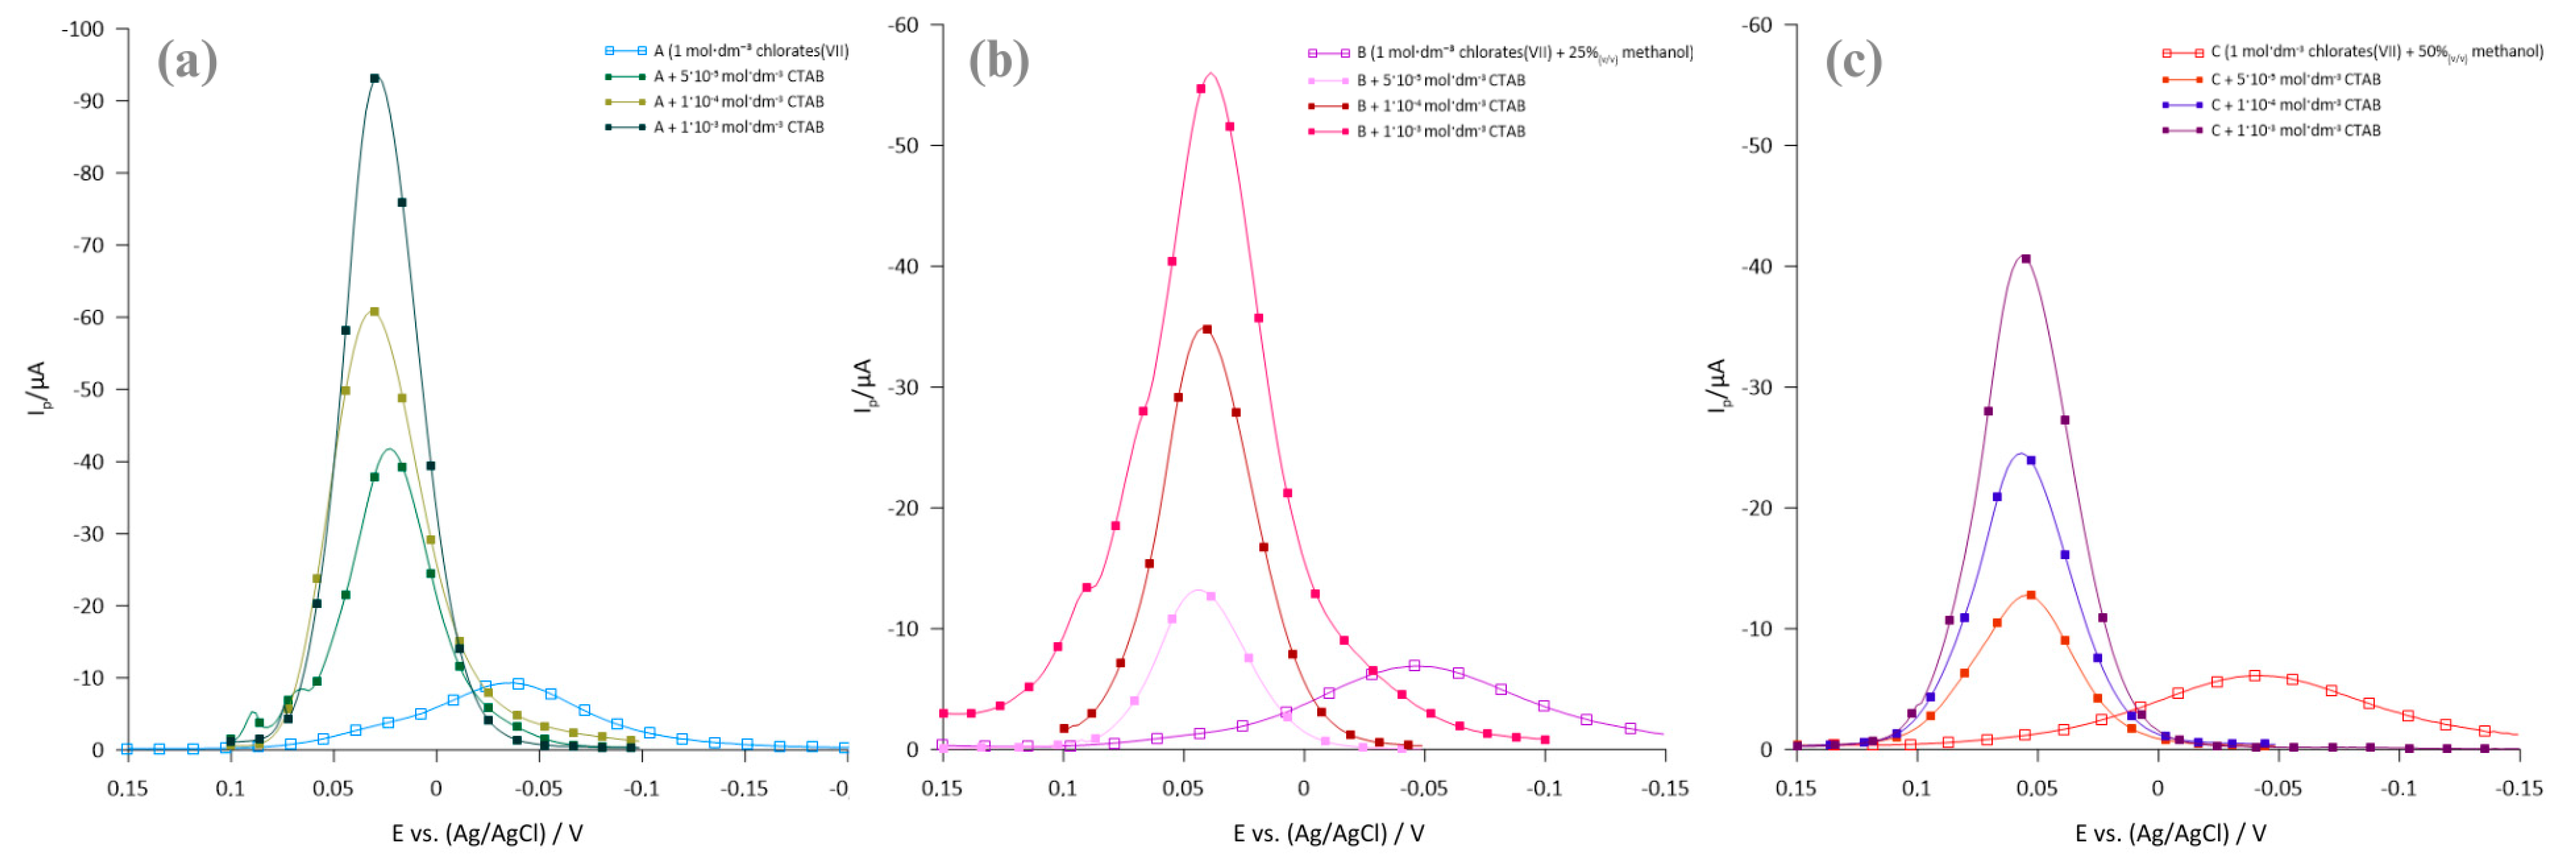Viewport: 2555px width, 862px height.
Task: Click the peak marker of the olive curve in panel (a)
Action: [374, 312]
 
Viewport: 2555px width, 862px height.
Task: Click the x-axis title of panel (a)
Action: [487, 833]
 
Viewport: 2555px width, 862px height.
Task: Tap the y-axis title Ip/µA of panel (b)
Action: [863, 387]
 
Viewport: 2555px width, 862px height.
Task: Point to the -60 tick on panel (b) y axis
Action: [903, 25]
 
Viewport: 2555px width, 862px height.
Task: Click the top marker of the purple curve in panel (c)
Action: [2025, 259]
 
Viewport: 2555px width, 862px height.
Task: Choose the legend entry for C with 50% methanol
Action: [2375, 52]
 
